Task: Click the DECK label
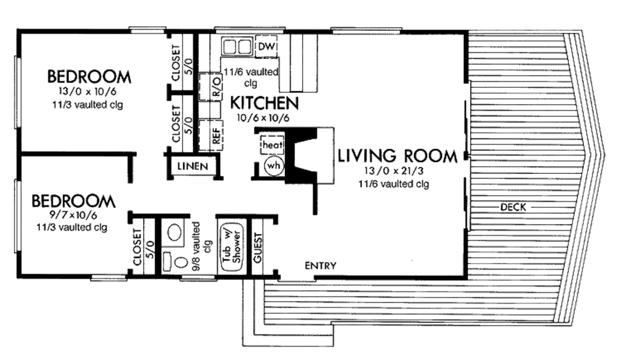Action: (512, 207)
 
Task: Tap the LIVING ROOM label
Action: (397, 156)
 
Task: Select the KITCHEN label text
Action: (264, 103)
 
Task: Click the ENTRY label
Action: (320, 265)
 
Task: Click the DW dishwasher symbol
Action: (267, 47)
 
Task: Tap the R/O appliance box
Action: (215, 86)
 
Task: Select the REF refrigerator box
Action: (215, 135)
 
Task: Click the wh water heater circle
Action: (273, 165)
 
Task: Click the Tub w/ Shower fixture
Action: (231, 247)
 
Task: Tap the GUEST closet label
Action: (257, 247)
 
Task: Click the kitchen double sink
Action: (237, 47)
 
